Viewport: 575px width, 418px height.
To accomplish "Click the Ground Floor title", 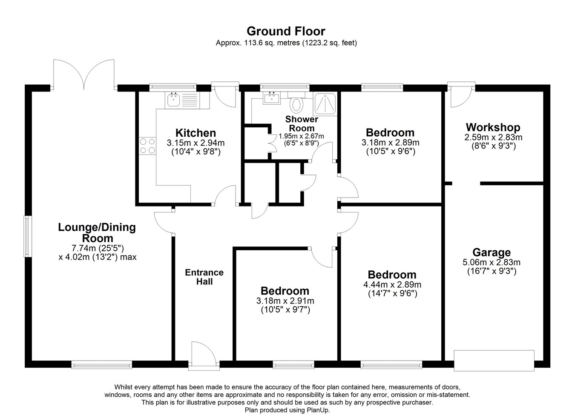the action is click(x=286, y=31).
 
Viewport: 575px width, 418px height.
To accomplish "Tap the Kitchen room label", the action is click(x=195, y=133).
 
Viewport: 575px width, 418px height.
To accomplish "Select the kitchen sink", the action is click(x=174, y=100).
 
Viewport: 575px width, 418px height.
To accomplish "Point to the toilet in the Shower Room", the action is click(x=296, y=104).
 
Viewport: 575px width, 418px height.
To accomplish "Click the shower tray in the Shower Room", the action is click(x=325, y=104).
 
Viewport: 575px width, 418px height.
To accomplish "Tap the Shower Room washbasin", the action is click(x=272, y=98).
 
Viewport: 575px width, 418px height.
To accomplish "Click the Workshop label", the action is click(x=493, y=127).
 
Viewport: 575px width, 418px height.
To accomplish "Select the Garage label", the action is click(x=492, y=252).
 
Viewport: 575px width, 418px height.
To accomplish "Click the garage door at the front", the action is click(x=494, y=361).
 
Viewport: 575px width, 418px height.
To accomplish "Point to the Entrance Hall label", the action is click(x=204, y=277).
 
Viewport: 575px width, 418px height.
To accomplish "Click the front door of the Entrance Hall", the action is click(x=204, y=356).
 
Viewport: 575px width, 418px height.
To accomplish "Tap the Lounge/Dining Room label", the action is click(x=97, y=232).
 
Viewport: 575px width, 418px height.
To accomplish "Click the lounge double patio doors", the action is click(x=84, y=74).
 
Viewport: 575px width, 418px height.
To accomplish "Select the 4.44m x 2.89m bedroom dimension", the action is click(x=392, y=285).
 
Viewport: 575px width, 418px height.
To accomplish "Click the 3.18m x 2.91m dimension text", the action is click(x=285, y=301).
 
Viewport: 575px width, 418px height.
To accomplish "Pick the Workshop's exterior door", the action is click(x=461, y=94).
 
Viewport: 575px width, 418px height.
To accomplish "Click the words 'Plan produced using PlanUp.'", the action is click(x=287, y=410).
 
